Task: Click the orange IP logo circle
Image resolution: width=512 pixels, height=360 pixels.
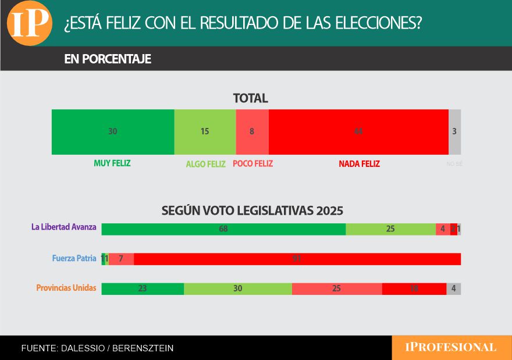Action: tap(30, 23)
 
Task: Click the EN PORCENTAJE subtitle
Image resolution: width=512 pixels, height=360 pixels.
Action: tap(108, 59)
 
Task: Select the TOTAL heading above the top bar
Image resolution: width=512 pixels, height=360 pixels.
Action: tap(251, 98)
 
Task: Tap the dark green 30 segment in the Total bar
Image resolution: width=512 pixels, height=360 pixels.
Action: tap(113, 131)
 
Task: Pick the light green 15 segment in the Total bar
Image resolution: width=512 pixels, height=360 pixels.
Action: tap(205, 131)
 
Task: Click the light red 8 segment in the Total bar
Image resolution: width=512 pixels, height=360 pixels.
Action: tap(252, 131)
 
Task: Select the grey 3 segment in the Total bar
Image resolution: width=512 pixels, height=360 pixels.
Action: tap(454, 131)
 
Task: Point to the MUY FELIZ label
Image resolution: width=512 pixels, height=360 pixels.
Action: tap(112, 163)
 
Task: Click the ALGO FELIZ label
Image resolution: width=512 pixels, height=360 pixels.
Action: tap(205, 164)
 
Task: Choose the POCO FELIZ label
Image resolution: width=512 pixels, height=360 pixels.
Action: tap(253, 163)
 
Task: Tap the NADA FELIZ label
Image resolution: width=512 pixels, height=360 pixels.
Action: tap(359, 164)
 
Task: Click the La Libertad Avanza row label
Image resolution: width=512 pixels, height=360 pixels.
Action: tap(64, 227)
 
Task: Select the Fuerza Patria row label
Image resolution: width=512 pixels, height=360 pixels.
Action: tap(74, 258)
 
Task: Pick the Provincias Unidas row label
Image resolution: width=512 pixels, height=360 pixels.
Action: tap(66, 288)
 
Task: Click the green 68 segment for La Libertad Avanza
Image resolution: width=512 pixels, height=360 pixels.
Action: tap(223, 229)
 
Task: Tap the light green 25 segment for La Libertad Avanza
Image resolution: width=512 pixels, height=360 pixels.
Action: tap(390, 229)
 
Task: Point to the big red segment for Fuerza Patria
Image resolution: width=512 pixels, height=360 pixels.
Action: tap(297, 259)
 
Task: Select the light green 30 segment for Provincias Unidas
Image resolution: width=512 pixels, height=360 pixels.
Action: tap(237, 288)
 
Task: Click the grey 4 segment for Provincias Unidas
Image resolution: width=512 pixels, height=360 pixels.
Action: tap(454, 288)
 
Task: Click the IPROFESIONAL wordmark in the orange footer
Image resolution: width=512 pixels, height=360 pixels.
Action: tap(451, 347)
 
